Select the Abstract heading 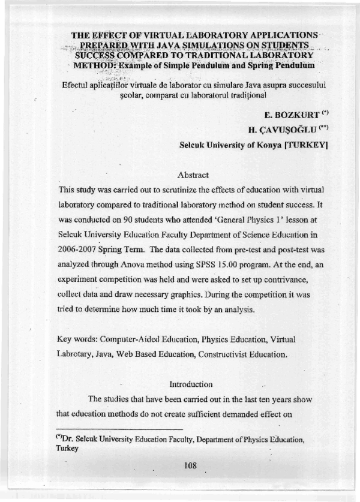[x=193, y=175]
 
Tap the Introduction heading [x=191, y=383]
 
